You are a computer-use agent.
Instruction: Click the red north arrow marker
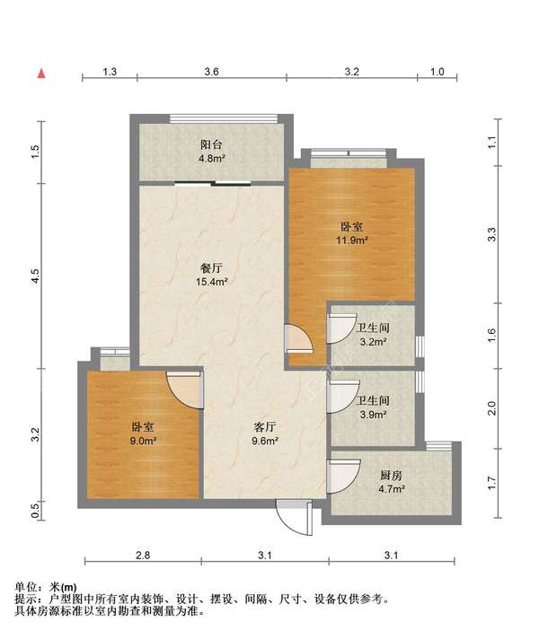point(41,74)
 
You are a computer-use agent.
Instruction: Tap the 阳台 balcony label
point(211,144)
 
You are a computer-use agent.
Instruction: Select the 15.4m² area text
point(211,281)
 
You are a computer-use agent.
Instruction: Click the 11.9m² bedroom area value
point(352,240)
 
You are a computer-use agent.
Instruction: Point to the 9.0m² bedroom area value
point(143,441)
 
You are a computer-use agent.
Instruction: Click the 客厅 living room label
point(265,427)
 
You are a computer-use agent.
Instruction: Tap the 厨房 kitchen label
point(392,475)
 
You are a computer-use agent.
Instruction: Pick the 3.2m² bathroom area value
point(373,342)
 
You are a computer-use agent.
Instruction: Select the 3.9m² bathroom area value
point(373,415)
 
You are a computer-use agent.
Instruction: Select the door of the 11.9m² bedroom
point(298,337)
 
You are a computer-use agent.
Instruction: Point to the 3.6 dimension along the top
point(211,72)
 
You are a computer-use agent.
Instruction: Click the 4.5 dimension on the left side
point(36,276)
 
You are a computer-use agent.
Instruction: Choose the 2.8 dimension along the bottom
point(143,555)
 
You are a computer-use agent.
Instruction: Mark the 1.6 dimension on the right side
point(491,335)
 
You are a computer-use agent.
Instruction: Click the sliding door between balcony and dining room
point(213,183)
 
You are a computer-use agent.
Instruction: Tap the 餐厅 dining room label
point(211,267)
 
